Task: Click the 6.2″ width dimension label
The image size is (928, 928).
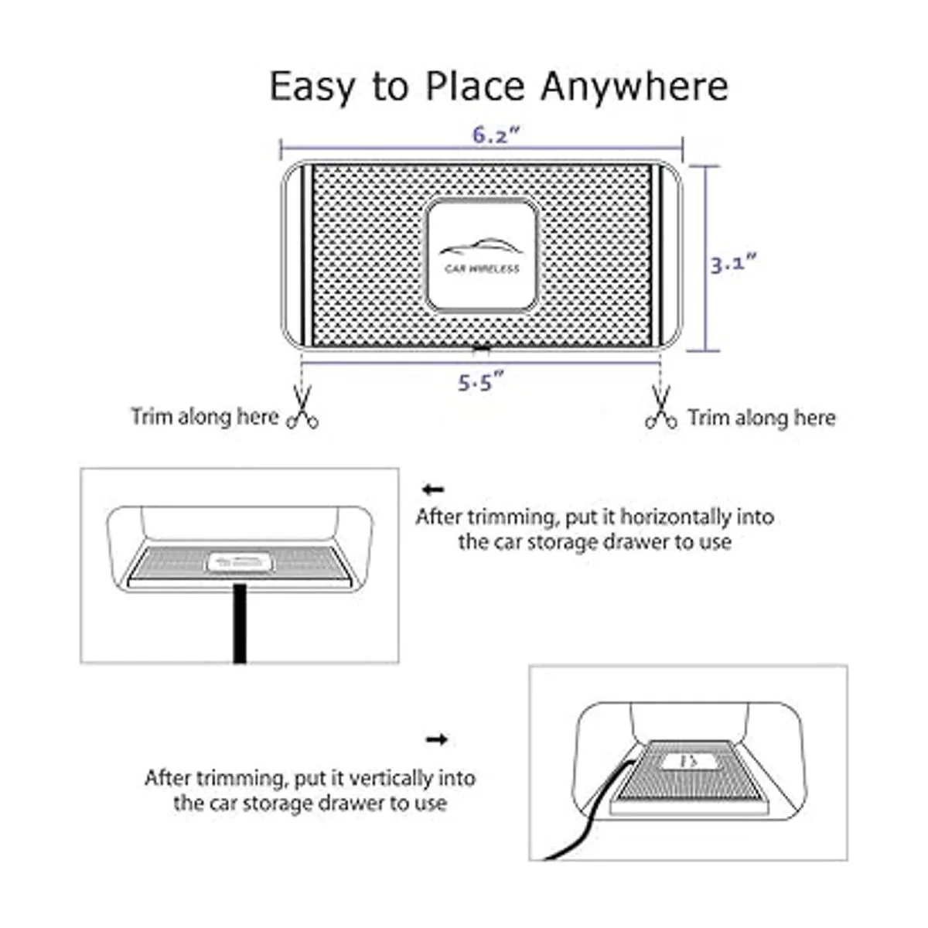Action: coord(496,135)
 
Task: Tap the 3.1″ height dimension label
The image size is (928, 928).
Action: coord(734,265)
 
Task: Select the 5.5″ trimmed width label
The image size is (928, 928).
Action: coord(480,383)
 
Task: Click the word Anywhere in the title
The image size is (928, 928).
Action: coord(635,87)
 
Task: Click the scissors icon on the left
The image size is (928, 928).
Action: coord(303,408)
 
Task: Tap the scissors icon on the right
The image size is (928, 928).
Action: coord(661,408)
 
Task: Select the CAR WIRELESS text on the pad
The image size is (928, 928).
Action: coord(482,268)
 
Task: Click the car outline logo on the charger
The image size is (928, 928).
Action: coord(479,247)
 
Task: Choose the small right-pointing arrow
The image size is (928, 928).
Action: coord(437,739)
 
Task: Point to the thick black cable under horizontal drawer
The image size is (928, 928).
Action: coord(239,625)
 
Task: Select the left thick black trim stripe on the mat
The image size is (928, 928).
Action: coord(308,256)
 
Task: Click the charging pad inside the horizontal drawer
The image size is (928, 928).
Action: coord(239,562)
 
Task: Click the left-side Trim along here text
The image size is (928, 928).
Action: coord(205,417)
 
